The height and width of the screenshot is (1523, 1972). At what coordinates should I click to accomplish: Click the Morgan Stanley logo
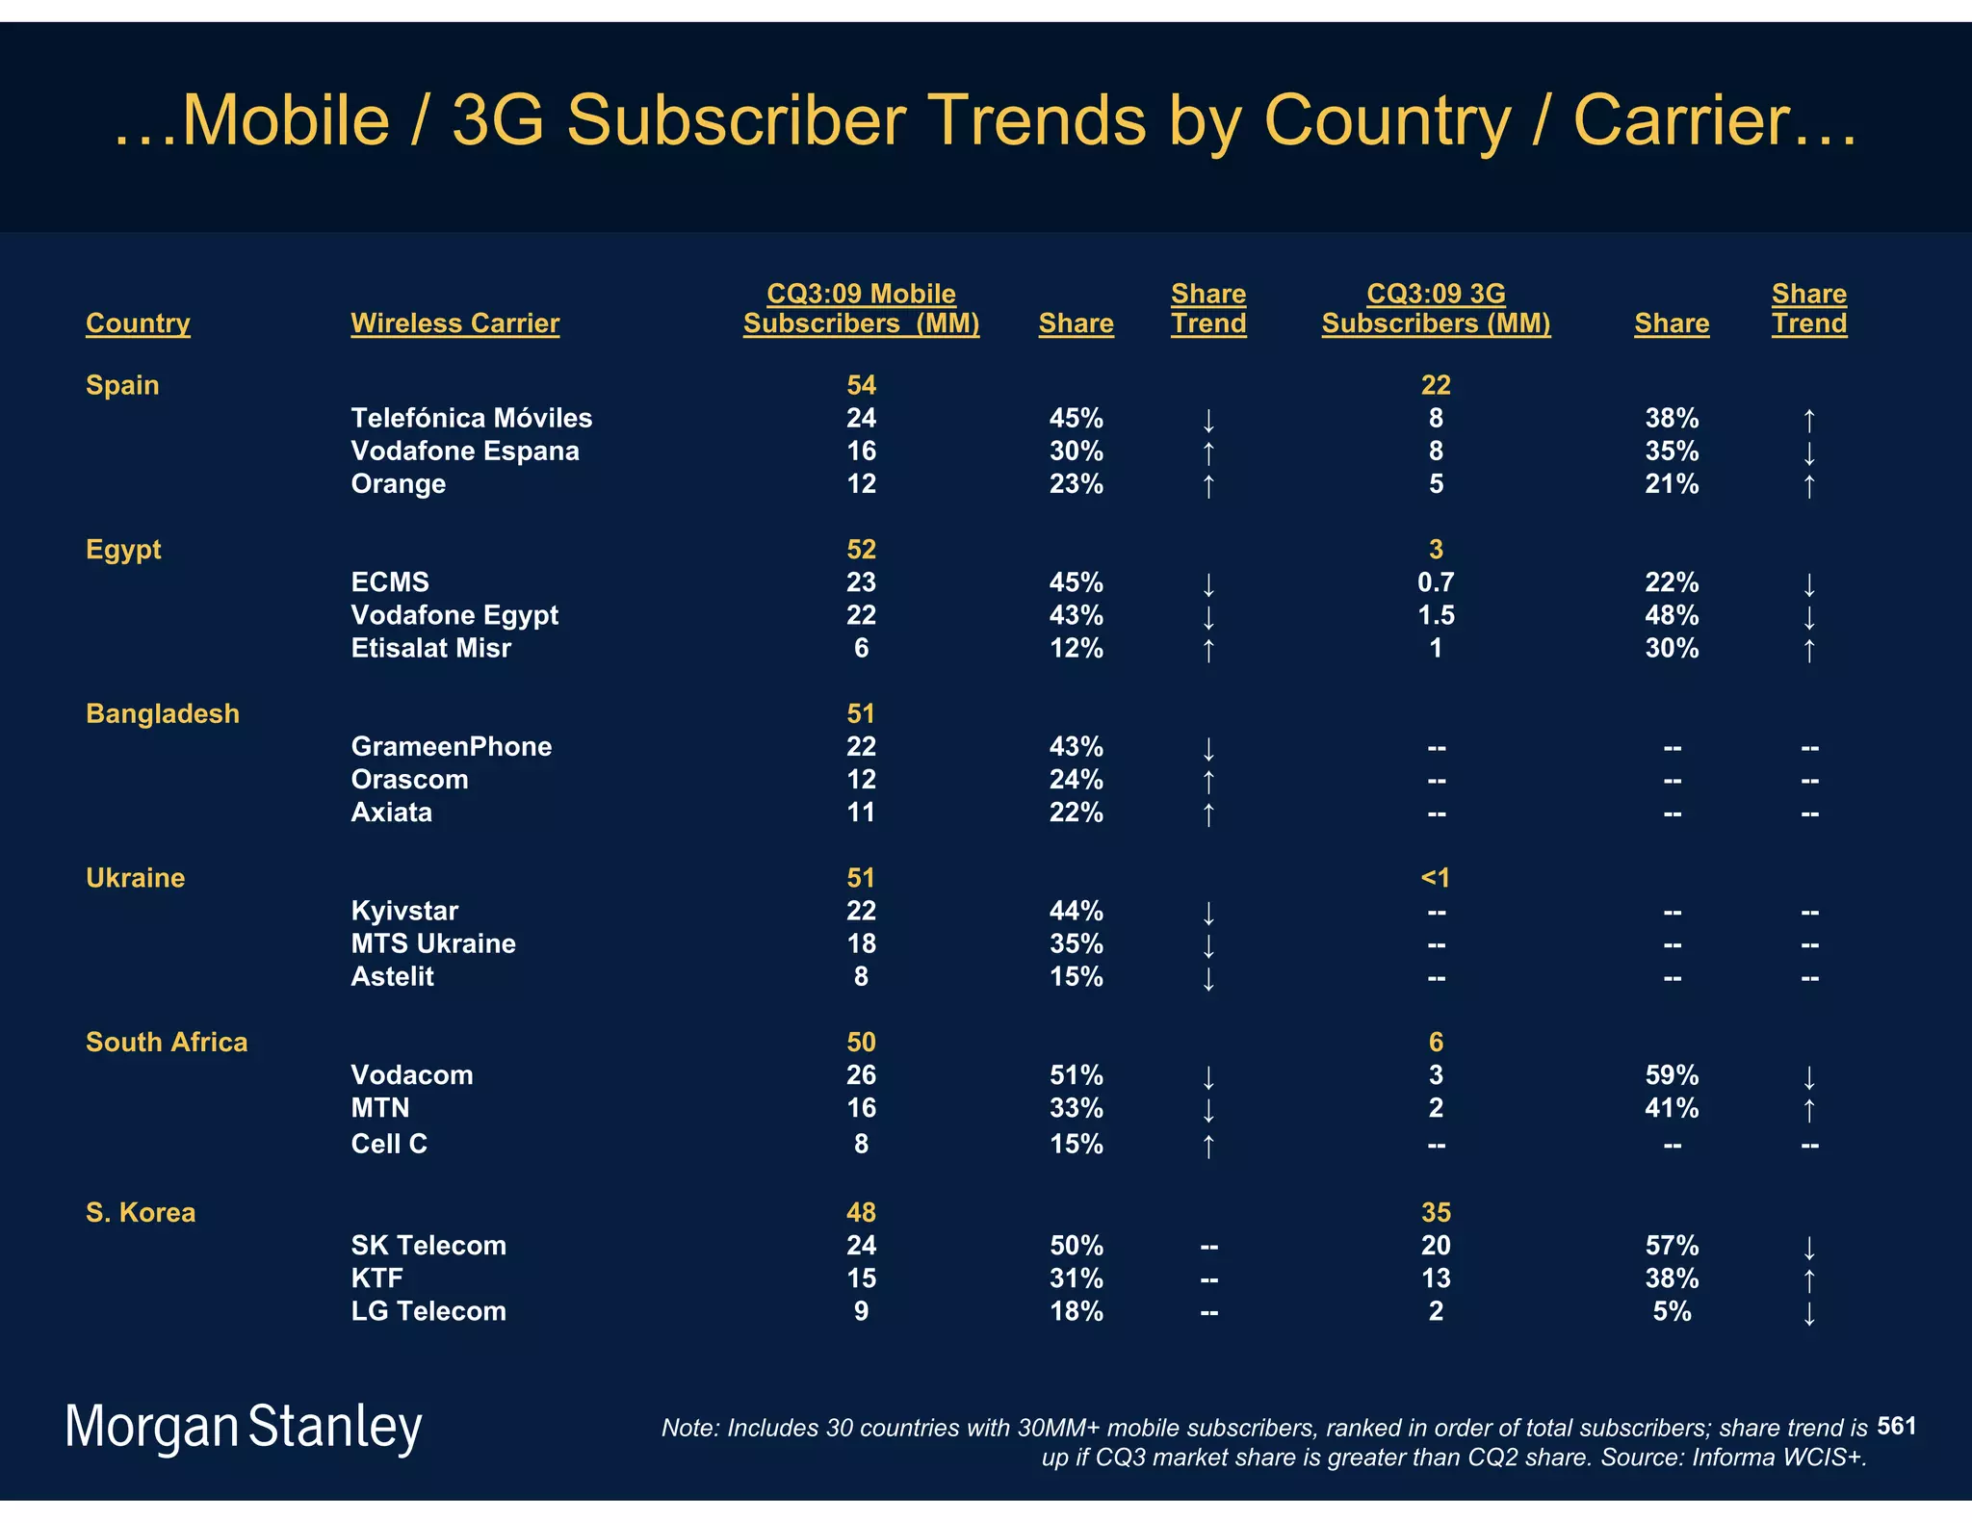pyautogui.click(x=244, y=1427)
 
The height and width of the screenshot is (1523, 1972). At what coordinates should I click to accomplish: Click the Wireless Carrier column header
pyautogui.click(x=454, y=323)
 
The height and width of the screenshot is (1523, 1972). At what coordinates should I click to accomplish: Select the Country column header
pyautogui.click(x=138, y=323)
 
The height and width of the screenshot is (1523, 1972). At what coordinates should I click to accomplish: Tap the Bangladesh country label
pyautogui.click(x=162, y=713)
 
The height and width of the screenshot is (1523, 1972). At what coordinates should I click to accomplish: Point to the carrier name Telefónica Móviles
pyautogui.click(x=471, y=418)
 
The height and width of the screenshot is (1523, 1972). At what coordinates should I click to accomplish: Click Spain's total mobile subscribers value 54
pyautogui.click(x=861, y=385)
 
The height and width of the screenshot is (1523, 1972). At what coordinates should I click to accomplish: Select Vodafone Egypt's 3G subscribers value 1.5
pyautogui.click(x=1436, y=615)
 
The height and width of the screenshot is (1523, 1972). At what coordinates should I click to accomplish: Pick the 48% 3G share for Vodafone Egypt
pyautogui.click(x=1672, y=615)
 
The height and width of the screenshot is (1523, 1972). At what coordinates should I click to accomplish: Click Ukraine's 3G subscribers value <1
pyautogui.click(x=1436, y=878)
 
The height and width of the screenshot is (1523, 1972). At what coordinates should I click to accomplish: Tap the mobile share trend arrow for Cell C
pyautogui.click(x=1208, y=1146)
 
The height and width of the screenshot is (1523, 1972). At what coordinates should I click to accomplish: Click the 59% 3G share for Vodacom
pyautogui.click(x=1672, y=1075)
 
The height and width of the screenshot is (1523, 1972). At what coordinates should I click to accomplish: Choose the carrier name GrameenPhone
pyautogui.click(x=451, y=747)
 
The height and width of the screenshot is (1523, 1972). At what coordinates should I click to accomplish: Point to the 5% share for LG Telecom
pyautogui.click(x=1672, y=1311)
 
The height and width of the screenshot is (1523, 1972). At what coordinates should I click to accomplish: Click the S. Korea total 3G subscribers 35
pyautogui.click(x=1436, y=1213)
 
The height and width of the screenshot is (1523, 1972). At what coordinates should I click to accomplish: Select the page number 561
pyautogui.click(x=1896, y=1426)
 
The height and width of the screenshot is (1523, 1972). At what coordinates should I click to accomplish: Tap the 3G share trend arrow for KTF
pyautogui.click(x=1809, y=1280)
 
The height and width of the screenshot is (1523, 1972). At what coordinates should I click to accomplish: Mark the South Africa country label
pyautogui.click(x=167, y=1043)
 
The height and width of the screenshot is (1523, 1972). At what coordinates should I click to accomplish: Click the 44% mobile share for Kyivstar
pyautogui.click(x=1076, y=911)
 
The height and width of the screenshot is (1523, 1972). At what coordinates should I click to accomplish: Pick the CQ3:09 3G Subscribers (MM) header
pyautogui.click(x=1436, y=309)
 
